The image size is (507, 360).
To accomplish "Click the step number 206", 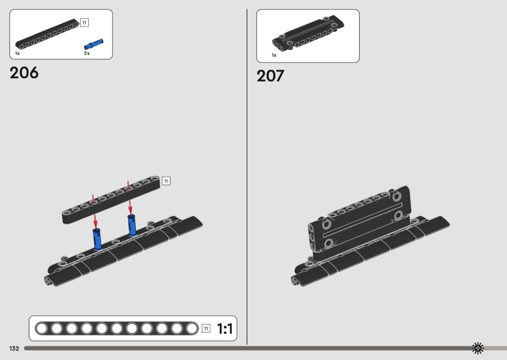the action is [x=24, y=73].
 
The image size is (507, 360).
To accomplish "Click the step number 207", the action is [x=270, y=76].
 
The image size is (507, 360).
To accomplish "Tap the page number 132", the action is [x=14, y=348].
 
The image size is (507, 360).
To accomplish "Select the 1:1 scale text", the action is [x=225, y=329].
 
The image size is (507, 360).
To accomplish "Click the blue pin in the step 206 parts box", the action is [x=94, y=44].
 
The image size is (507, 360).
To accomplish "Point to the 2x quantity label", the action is [x=86, y=53].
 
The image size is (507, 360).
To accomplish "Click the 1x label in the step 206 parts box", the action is [x=17, y=53].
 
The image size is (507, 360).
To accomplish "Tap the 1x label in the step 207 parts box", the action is [x=274, y=55].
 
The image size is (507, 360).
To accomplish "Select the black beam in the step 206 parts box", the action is [x=47, y=34].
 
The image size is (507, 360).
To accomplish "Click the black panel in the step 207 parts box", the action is [x=308, y=33].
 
